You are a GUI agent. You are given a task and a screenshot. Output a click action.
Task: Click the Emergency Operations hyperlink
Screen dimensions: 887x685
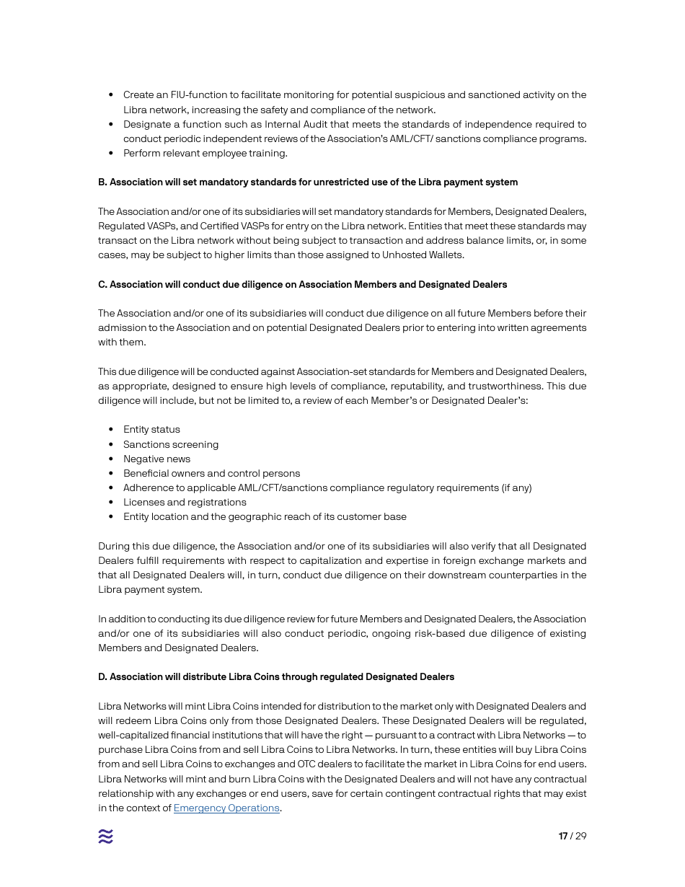coord(226,808)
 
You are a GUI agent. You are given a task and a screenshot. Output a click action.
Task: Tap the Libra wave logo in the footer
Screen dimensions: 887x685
coord(105,837)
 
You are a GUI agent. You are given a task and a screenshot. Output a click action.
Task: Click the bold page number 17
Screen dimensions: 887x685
coord(562,837)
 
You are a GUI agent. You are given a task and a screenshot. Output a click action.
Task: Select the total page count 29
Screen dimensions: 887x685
coord(580,837)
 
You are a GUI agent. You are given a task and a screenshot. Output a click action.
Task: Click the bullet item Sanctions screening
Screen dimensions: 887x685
coord(171,444)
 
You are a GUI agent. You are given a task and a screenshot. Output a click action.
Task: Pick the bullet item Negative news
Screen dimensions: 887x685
coord(156,459)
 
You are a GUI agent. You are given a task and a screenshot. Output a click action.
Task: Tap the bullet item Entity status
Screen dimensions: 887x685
coord(151,430)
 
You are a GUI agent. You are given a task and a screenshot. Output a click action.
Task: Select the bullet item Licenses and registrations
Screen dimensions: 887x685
coord(185,502)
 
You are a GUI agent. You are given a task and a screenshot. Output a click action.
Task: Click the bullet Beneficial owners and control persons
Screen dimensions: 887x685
coord(211,473)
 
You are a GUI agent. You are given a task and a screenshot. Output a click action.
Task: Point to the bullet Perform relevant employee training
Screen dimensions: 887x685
coord(205,153)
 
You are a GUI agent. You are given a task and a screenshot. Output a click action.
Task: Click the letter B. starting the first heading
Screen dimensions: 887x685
coord(102,182)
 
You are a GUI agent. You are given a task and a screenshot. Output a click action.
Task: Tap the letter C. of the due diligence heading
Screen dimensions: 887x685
coord(102,285)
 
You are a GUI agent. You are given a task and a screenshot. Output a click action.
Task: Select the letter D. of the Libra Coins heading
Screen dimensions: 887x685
coord(102,677)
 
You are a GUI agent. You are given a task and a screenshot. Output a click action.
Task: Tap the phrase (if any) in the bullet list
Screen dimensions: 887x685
coord(516,487)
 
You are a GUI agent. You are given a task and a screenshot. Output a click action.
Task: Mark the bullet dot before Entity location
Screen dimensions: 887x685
coord(110,517)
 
